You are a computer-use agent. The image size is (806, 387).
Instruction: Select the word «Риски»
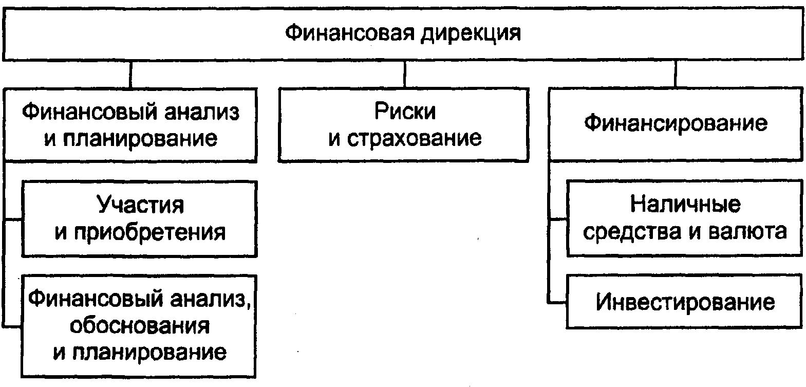(x=405, y=111)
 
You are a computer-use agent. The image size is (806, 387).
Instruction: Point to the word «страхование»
(x=414, y=138)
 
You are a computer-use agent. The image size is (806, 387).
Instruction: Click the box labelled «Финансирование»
(x=676, y=124)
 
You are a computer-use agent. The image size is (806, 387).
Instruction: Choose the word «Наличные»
(x=685, y=204)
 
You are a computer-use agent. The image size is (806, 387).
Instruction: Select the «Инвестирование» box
(x=684, y=302)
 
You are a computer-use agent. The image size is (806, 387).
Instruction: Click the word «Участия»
(x=140, y=205)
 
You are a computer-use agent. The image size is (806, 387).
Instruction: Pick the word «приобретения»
(x=150, y=233)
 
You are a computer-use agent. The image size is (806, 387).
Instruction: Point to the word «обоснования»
(x=140, y=326)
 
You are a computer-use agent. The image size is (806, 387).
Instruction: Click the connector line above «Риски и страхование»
(x=405, y=74)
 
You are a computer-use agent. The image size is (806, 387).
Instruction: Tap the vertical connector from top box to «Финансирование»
(x=676, y=74)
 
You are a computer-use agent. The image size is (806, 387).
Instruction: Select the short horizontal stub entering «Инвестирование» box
(x=557, y=302)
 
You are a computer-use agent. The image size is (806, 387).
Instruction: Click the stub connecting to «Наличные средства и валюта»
(x=558, y=218)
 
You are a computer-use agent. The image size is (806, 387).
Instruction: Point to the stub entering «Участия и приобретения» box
(x=13, y=219)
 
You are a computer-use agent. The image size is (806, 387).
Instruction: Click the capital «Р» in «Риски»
(x=381, y=111)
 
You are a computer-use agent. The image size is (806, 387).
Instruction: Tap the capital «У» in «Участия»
(x=104, y=205)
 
